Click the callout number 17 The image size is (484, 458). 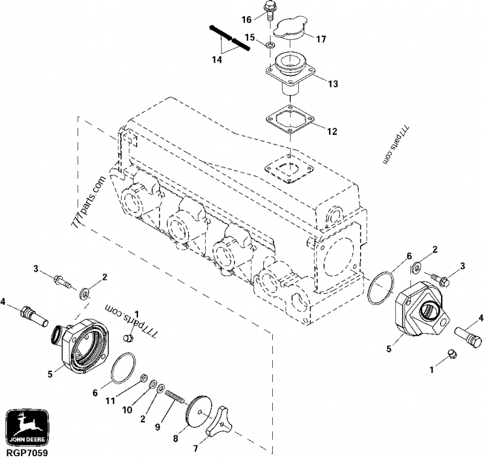point(321,39)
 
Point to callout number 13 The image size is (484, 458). point(333,84)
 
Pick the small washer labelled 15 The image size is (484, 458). point(266,44)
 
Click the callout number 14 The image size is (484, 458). point(216,59)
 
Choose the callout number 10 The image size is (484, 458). point(128,410)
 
